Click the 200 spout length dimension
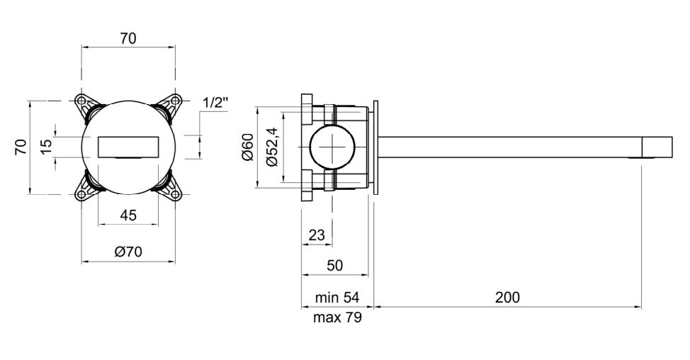tap(507, 297)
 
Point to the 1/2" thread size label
tap(215, 103)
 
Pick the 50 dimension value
tap(335, 265)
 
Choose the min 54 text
tap(336, 298)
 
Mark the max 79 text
tap(337, 318)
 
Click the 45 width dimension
tap(128, 216)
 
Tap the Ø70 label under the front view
tap(128, 252)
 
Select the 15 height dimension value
tap(47, 146)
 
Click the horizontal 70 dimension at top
tap(128, 39)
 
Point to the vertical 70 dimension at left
tap(21, 147)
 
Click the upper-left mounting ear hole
tap(84, 101)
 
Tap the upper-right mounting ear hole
tap(174, 101)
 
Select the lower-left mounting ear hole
tap(84, 191)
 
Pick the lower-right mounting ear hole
tap(174, 191)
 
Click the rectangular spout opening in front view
tap(128, 146)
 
